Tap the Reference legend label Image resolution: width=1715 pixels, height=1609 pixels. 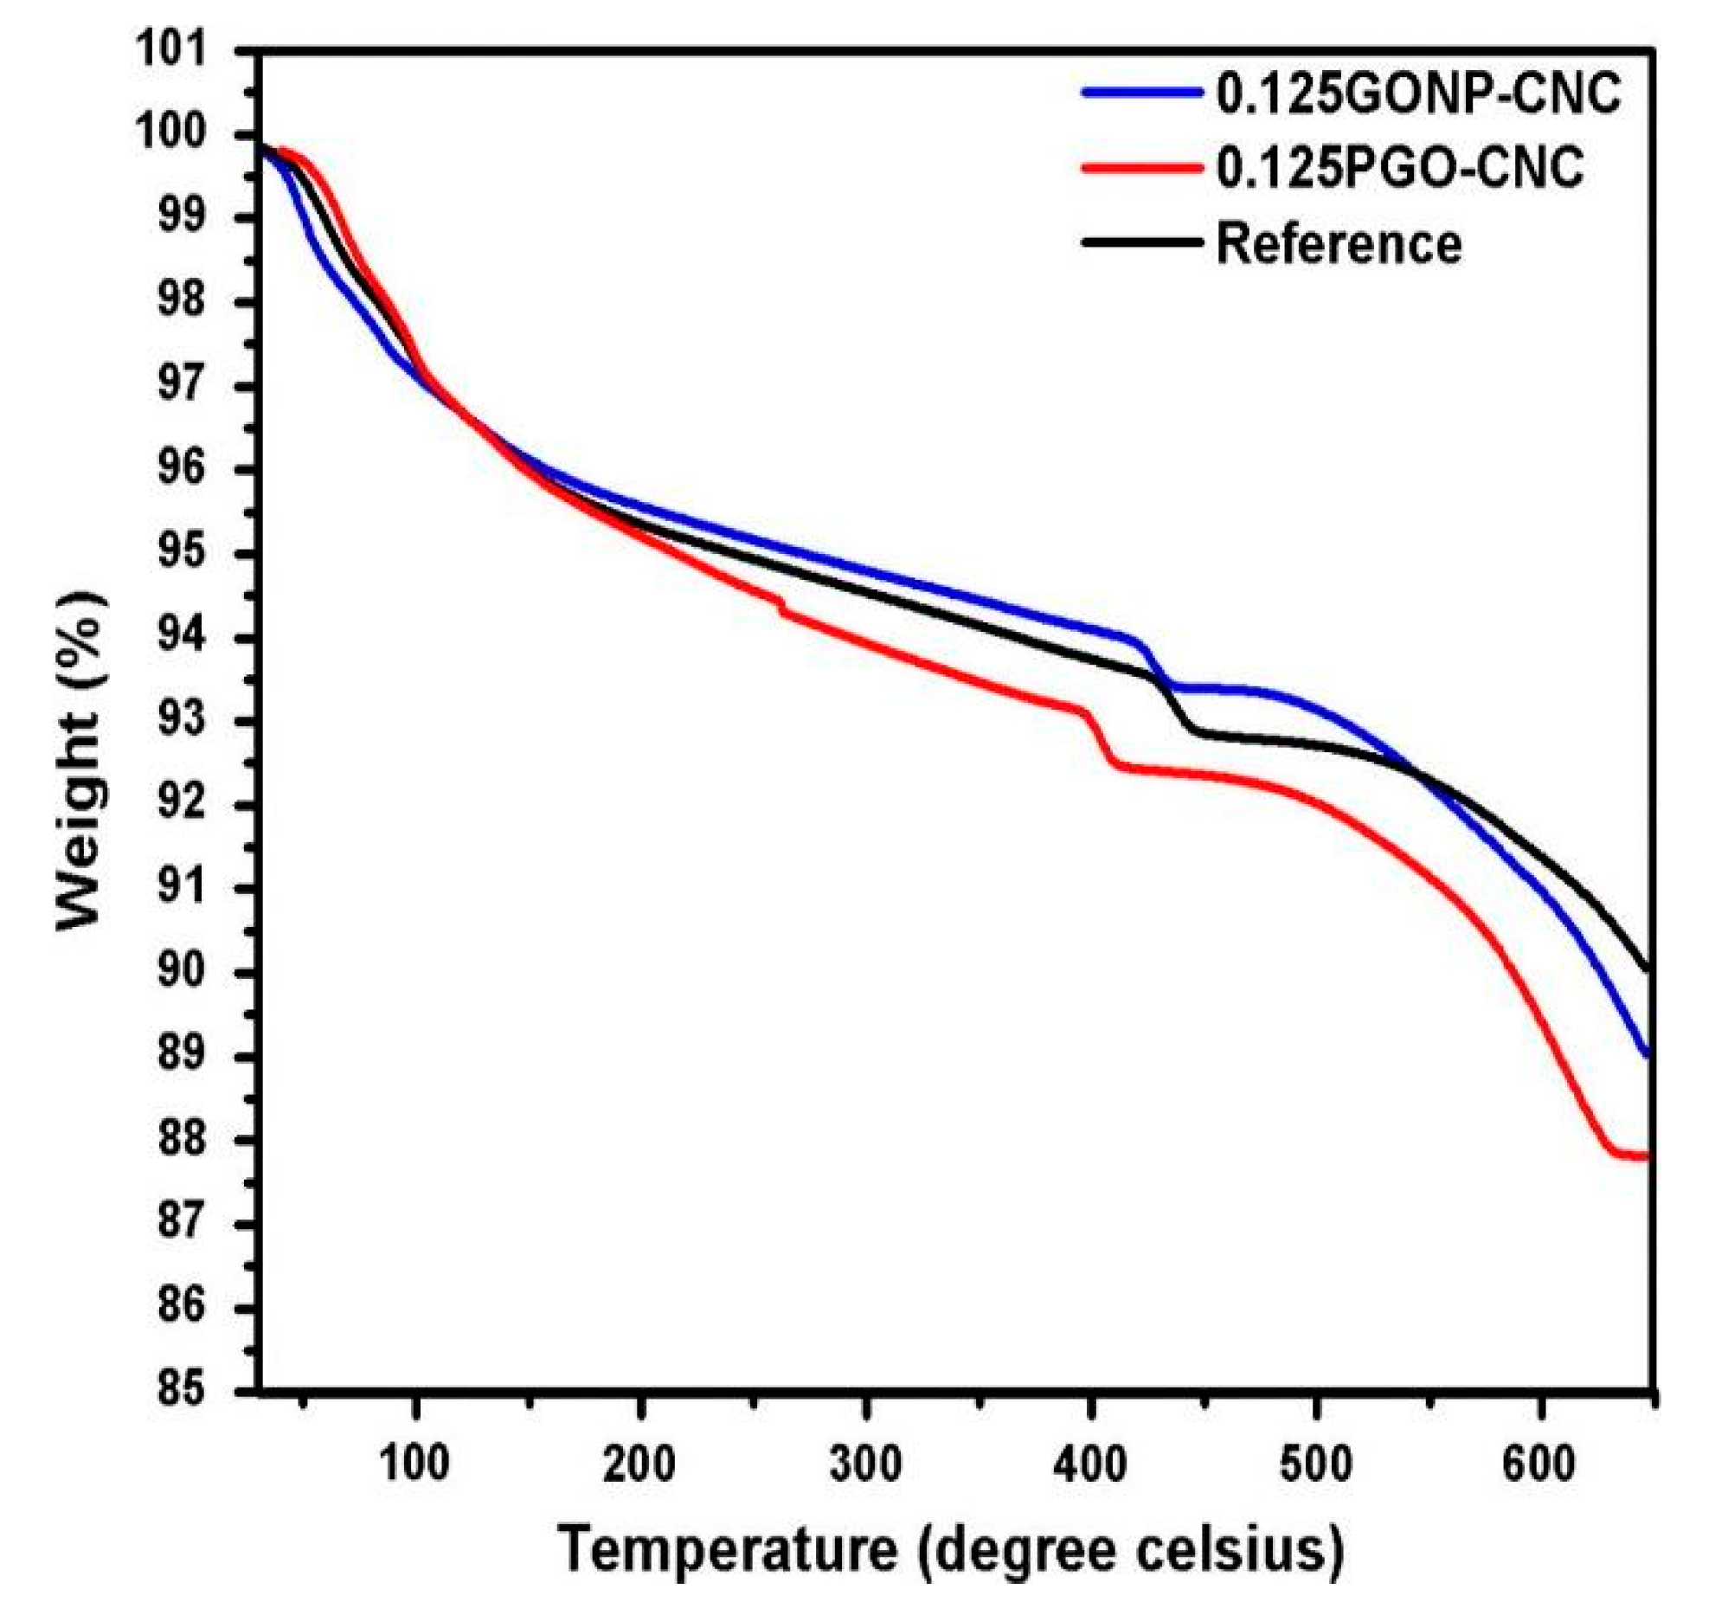tap(1339, 244)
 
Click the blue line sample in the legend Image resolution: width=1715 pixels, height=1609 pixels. tap(1142, 92)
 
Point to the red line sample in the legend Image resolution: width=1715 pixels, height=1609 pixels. tap(1142, 166)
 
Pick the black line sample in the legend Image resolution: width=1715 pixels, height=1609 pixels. tap(1142, 243)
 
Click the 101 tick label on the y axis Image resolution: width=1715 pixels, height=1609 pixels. tap(184, 50)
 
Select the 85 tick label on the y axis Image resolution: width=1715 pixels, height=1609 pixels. tap(184, 1389)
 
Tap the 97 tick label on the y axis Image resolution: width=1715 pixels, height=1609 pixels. tap(184, 385)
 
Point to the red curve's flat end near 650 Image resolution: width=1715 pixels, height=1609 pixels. tap(1635, 1155)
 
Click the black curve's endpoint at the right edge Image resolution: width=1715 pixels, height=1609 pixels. tap(1649, 969)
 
